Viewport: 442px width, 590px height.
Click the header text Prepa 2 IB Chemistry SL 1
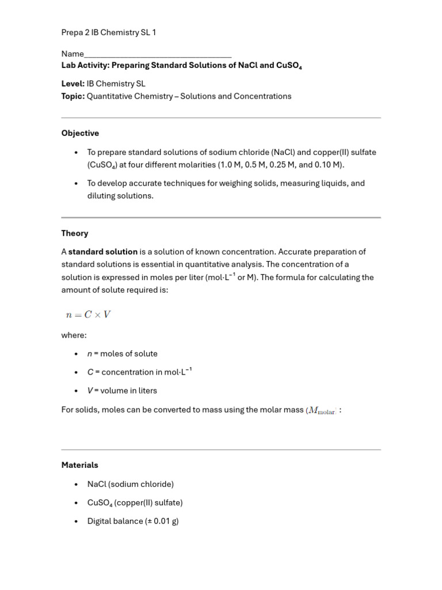(109, 33)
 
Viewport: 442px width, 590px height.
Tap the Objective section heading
(80, 133)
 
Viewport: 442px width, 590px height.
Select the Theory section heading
(75, 233)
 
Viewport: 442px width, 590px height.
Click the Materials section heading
(80, 465)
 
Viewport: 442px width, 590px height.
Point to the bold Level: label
(73, 84)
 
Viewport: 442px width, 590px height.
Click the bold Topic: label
(73, 96)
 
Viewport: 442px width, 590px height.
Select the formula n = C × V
(88, 315)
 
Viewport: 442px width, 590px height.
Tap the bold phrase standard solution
(103, 252)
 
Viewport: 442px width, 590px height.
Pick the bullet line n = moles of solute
(122, 354)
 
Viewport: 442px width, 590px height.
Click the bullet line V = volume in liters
(122, 391)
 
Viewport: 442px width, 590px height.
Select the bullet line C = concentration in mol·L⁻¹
(139, 372)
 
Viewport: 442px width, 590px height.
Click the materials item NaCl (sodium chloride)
(130, 484)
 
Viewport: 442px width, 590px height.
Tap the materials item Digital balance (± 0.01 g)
(133, 521)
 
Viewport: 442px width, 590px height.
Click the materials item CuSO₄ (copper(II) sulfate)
(135, 502)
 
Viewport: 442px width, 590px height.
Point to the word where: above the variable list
(74, 335)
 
